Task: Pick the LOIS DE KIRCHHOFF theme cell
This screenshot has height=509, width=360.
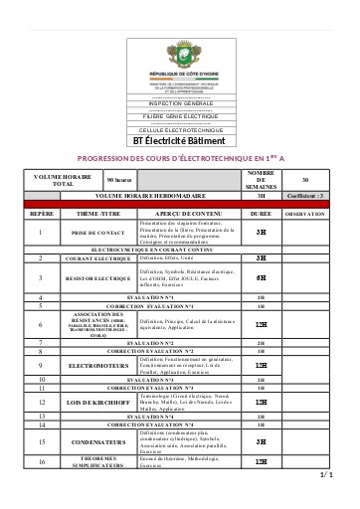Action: click(x=96, y=402)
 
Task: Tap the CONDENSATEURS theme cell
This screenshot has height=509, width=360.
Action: click(x=96, y=440)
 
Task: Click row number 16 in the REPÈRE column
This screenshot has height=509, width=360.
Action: click(x=41, y=462)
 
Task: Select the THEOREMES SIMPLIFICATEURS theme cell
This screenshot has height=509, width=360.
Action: click(x=96, y=462)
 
